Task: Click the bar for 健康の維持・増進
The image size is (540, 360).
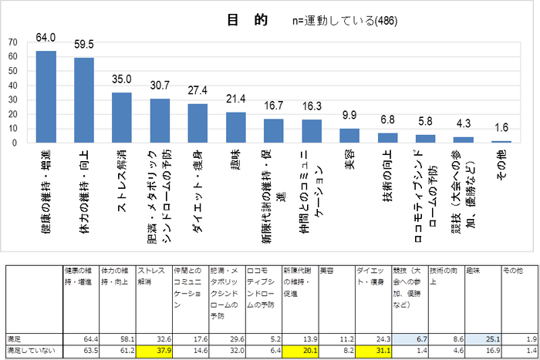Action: click(x=46, y=96)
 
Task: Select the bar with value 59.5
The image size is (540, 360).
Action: click(x=84, y=100)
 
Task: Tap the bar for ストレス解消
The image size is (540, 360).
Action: click(x=122, y=117)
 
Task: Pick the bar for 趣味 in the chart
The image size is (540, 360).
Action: click(x=235, y=127)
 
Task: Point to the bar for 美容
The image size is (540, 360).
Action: click(x=349, y=136)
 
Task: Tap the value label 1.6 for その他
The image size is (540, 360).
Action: click(x=501, y=127)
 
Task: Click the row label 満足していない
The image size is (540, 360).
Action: click(x=28, y=350)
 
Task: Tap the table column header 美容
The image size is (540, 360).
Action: click(x=327, y=271)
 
